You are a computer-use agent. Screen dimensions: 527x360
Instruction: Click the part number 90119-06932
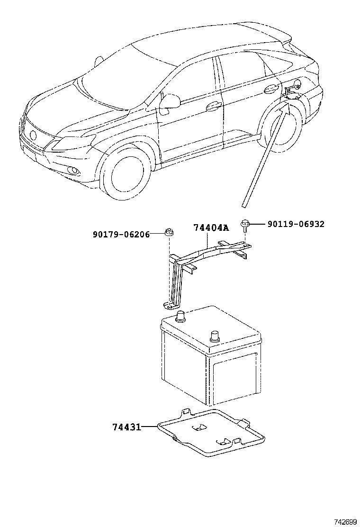pyautogui.click(x=296, y=224)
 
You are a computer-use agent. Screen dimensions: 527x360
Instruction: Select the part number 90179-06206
pyautogui.click(x=121, y=234)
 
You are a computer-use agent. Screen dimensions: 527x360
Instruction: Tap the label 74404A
pyautogui.click(x=211, y=228)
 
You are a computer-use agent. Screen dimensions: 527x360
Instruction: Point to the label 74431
pyautogui.click(x=126, y=427)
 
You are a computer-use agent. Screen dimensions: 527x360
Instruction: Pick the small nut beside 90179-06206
pyautogui.click(x=168, y=232)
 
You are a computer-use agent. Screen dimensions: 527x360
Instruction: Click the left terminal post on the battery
pyautogui.click(x=180, y=316)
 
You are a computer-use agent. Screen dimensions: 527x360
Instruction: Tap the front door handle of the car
pyautogui.click(x=214, y=106)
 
